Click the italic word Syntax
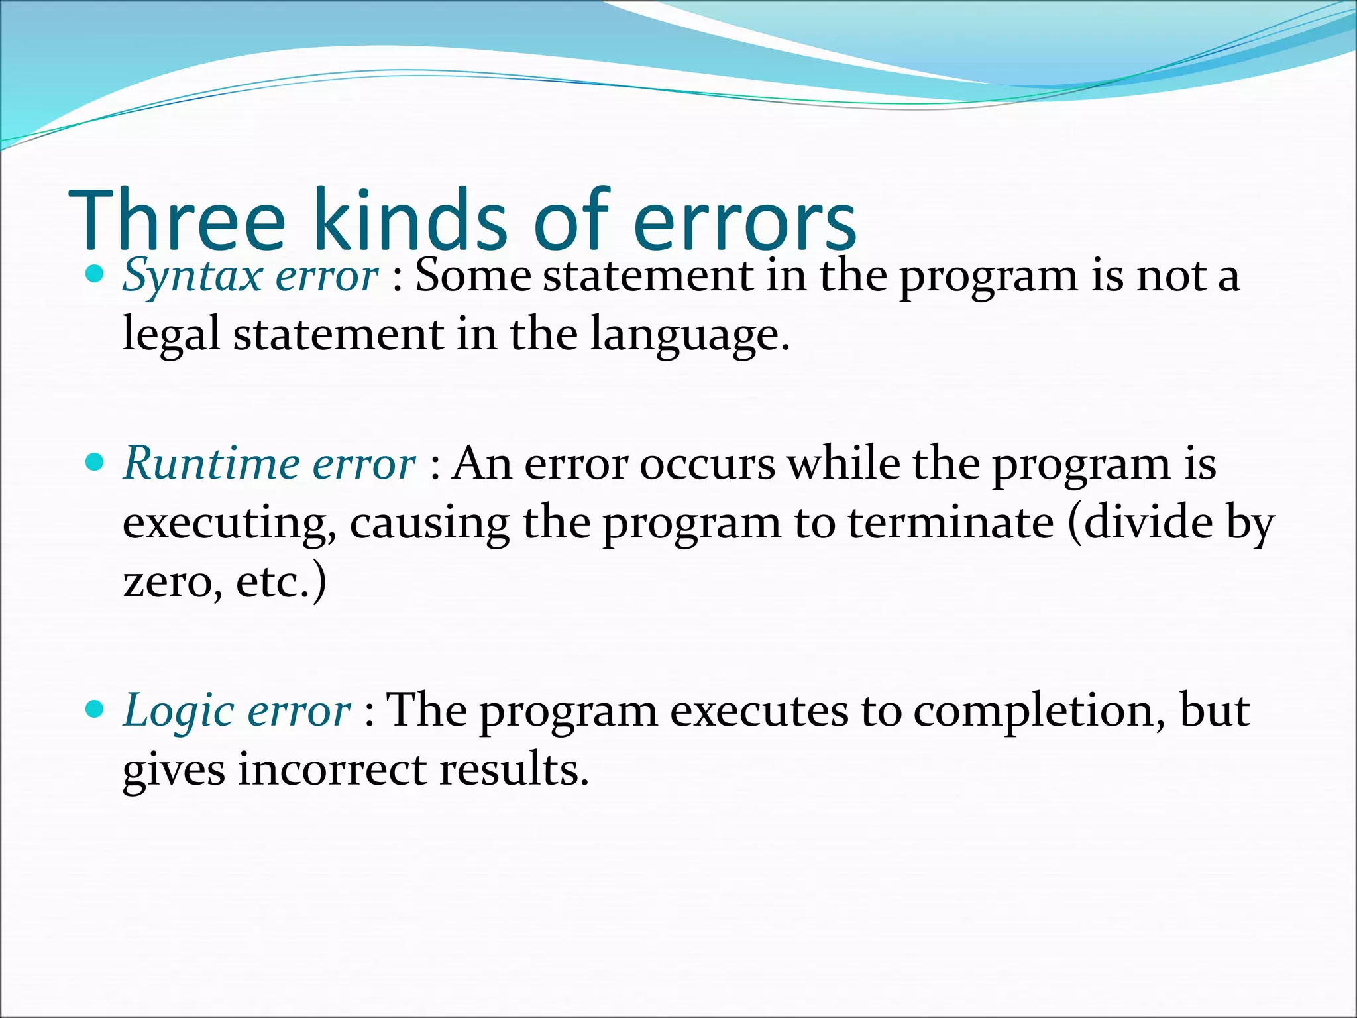tap(193, 276)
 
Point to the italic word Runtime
tap(211, 463)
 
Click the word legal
tap(171, 335)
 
